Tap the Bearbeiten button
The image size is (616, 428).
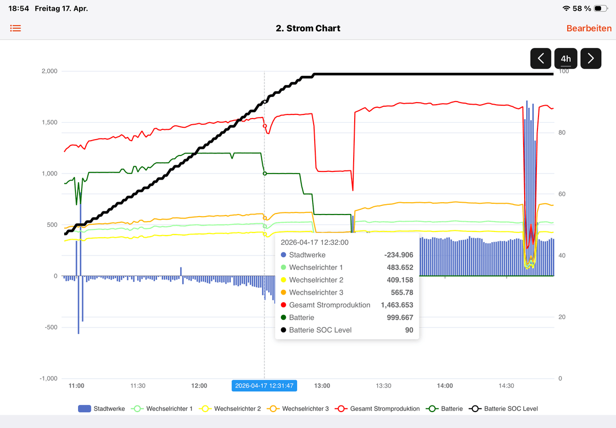(x=589, y=28)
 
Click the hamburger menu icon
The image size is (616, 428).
(x=16, y=28)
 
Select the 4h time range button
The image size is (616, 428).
(x=566, y=59)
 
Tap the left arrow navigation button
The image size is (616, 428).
(x=541, y=59)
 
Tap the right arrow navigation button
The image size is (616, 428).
(x=591, y=59)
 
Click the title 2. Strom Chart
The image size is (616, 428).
(x=308, y=28)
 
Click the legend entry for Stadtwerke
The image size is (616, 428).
(x=101, y=408)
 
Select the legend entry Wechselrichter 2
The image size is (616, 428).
(x=232, y=408)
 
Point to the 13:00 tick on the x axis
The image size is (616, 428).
(x=322, y=386)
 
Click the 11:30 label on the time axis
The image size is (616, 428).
(x=138, y=386)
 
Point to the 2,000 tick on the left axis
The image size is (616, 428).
(x=49, y=71)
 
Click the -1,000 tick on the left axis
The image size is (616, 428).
(x=48, y=379)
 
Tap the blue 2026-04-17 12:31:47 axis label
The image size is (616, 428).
(x=264, y=386)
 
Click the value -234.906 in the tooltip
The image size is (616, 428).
(x=398, y=255)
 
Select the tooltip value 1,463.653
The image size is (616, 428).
(x=397, y=305)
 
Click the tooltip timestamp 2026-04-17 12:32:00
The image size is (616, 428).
(x=315, y=242)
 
